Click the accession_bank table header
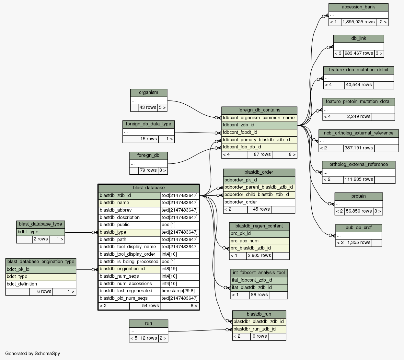358,7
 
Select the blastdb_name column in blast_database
129,203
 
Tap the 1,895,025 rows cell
358,22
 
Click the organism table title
149,93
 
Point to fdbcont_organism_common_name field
259,118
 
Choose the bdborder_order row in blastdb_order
259,202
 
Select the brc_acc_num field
259,241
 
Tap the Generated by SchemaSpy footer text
33,354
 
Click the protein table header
358,196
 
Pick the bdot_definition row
40,284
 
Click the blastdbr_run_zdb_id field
259,329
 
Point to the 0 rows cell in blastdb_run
260,336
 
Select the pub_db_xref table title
358,228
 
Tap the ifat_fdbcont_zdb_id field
259,280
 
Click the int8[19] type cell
179,269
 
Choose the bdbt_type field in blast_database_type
40,232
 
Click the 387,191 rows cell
359,148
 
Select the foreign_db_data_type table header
149,124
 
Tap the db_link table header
358,39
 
